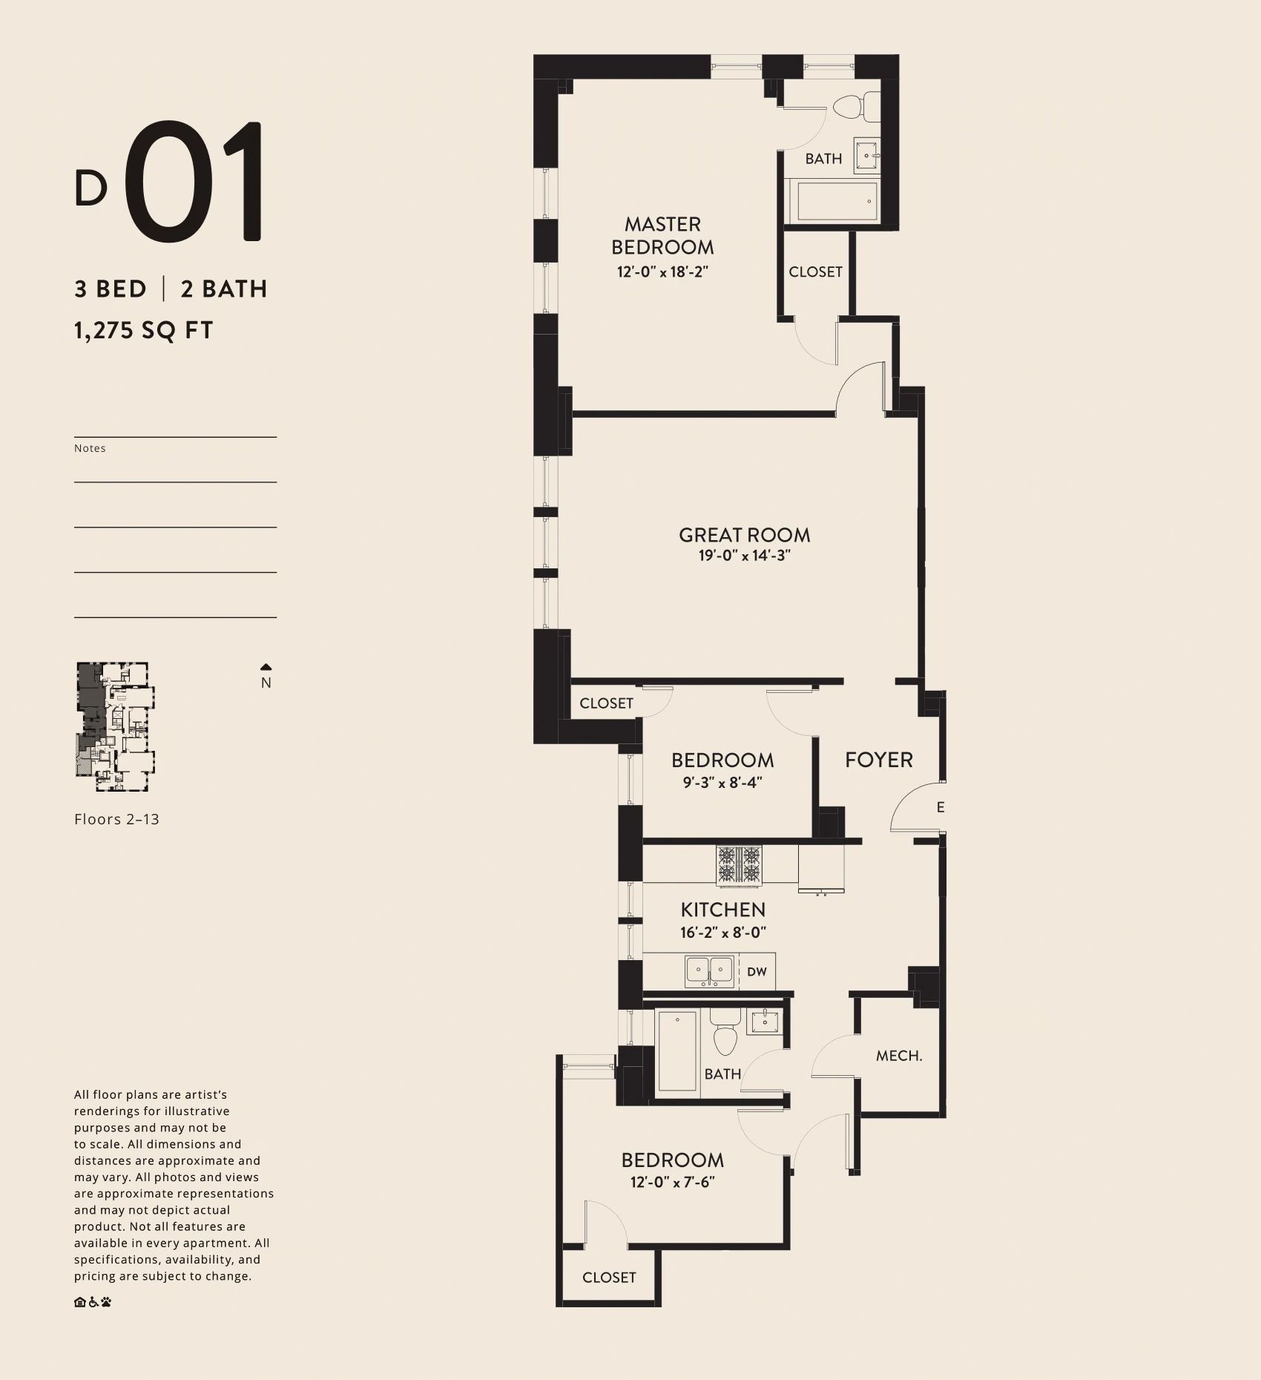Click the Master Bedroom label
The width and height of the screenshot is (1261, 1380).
tap(662, 235)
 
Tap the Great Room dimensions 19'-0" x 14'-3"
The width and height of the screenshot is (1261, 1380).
tap(745, 556)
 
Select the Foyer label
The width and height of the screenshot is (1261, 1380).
tap(879, 760)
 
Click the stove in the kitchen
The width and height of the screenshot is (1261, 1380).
tap(739, 865)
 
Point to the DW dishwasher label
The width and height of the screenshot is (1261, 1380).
tap(757, 971)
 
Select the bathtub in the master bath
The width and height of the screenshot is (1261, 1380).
tap(837, 200)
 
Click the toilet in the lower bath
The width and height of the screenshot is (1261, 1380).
tap(724, 1032)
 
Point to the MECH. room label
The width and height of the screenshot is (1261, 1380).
tap(899, 1056)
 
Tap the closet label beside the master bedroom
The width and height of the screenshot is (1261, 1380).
tap(815, 272)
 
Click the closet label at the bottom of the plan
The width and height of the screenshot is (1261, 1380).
tap(609, 1277)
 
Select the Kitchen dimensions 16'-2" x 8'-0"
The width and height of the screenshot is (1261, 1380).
tap(723, 933)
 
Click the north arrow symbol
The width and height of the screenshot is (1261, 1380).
tap(266, 667)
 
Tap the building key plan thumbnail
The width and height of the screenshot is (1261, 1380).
tap(116, 720)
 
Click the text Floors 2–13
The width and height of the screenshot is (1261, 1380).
tap(116, 819)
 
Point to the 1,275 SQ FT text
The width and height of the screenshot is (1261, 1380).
tap(144, 329)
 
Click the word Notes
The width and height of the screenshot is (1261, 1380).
tap(90, 448)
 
